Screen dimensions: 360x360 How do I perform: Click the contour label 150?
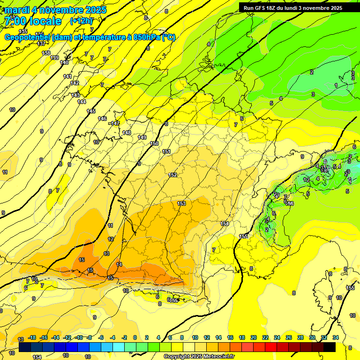point(154,143)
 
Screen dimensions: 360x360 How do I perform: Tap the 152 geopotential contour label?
point(172,175)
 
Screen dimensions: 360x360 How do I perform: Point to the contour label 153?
point(181,203)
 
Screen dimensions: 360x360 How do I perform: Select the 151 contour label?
point(166,151)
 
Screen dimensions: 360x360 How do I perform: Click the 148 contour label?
point(127,133)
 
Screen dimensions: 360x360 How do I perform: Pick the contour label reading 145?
point(91,111)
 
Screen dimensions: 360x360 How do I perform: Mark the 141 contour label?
point(67,76)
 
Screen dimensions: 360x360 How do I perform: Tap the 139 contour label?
point(54,58)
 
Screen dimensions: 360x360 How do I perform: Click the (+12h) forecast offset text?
point(82,21)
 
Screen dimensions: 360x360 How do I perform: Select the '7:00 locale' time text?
point(33,21)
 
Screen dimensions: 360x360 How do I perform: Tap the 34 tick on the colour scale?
point(335,337)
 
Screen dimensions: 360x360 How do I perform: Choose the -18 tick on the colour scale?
point(32,337)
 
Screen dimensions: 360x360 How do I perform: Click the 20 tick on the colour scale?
point(254,337)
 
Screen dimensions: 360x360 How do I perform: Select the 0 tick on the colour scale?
point(135,337)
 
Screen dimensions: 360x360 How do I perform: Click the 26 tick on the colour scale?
point(288,337)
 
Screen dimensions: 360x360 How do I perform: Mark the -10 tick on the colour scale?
point(79,337)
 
